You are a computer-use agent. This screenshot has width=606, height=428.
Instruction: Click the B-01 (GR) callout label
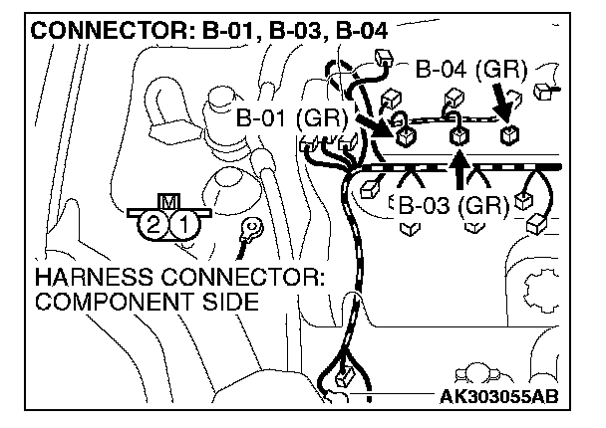(291, 118)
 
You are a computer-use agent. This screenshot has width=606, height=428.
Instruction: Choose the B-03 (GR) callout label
(454, 207)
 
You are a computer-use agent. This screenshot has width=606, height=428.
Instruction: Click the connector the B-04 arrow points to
(509, 135)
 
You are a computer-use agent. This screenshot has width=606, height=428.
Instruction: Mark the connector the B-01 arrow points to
(405, 136)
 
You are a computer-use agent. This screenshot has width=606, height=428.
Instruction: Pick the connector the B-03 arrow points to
(460, 137)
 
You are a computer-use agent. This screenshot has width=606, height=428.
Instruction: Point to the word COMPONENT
(104, 300)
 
